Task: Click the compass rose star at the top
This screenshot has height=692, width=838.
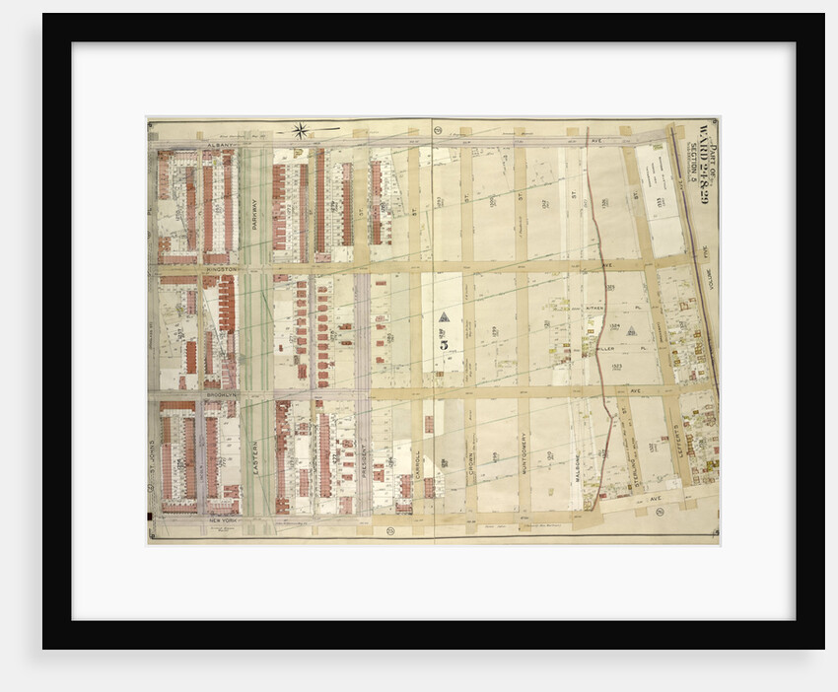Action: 300,129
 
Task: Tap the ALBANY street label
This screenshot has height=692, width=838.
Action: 219,144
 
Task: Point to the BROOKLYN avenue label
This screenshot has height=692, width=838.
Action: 220,393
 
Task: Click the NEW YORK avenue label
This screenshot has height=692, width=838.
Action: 223,519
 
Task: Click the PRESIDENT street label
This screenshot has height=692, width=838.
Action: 363,457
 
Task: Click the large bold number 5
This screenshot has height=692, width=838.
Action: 445,344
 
